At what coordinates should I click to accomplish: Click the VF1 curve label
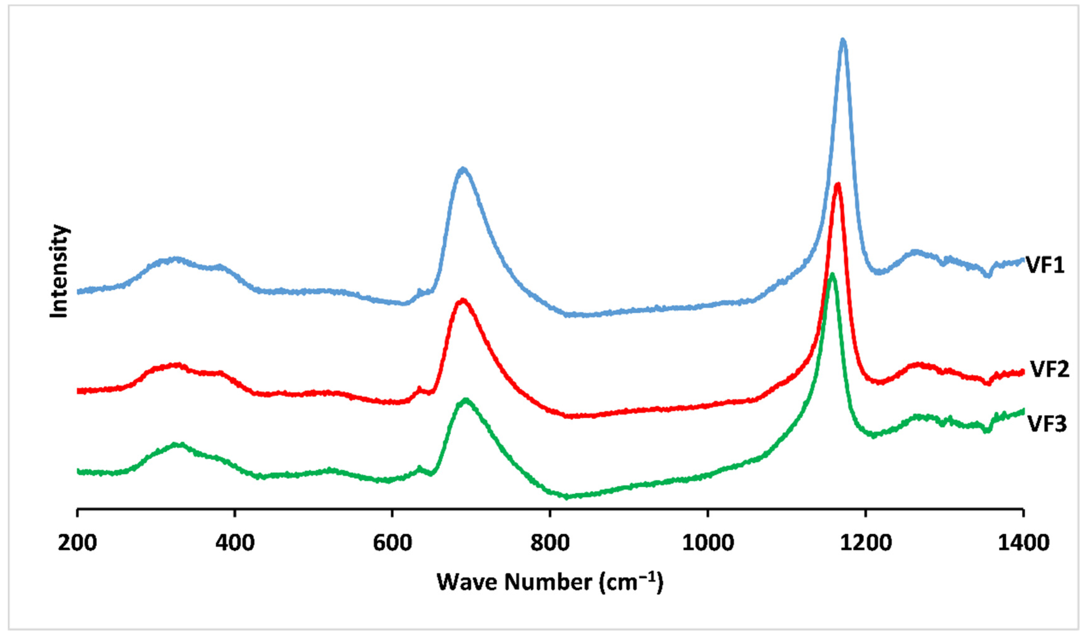pyautogui.click(x=1045, y=265)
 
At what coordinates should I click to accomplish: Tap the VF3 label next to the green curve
pyautogui.click(x=1047, y=424)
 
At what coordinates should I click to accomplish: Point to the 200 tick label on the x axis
pyautogui.click(x=77, y=542)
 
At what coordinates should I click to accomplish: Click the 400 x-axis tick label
pyautogui.click(x=235, y=542)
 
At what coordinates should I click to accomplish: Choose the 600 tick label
pyautogui.click(x=392, y=542)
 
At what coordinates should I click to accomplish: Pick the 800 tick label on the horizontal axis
pyautogui.click(x=550, y=542)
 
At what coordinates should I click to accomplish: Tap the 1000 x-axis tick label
pyautogui.click(x=708, y=542)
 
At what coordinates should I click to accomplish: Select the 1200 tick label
pyautogui.click(x=865, y=542)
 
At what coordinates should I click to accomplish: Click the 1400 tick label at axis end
pyautogui.click(x=1023, y=542)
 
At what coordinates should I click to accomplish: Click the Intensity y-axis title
pyautogui.click(x=59, y=271)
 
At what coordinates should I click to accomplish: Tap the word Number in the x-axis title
pyautogui.click(x=549, y=582)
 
